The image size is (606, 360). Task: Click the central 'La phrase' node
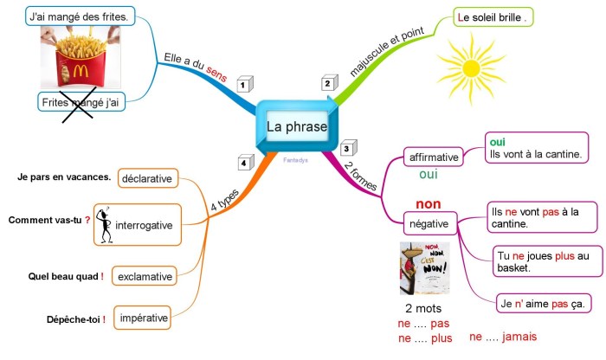click(x=297, y=127)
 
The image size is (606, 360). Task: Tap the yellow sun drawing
click(x=470, y=66)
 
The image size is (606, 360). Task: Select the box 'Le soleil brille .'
click(x=493, y=17)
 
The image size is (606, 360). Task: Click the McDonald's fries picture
click(x=81, y=57)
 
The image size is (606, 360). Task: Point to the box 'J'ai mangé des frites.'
click(x=79, y=16)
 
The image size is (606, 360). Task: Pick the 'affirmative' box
click(x=433, y=157)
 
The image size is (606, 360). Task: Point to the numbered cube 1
click(x=245, y=85)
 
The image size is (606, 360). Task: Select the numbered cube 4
click(x=245, y=163)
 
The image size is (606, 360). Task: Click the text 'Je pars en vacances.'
click(x=64, y=177)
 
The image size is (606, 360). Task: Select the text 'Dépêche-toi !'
click(x=76, y=319)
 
